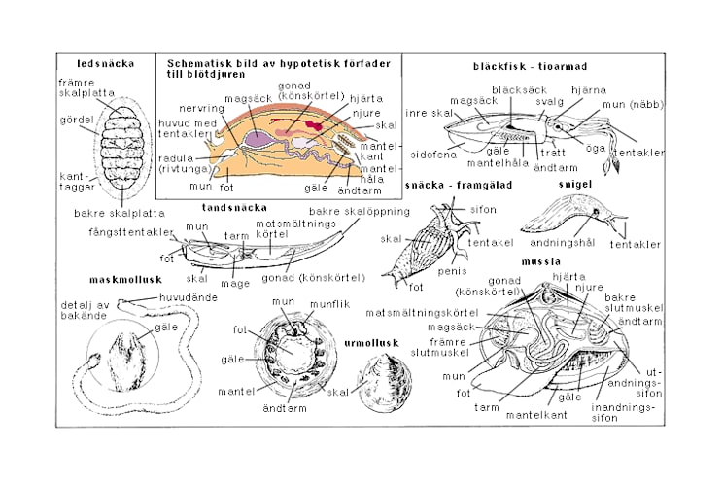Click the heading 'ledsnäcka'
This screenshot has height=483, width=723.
tap(107, 64)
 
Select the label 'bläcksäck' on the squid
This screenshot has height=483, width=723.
tap(514, 89)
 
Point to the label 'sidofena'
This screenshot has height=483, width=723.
tap(432, 154)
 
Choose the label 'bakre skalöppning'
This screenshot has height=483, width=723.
tap(345, 211)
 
